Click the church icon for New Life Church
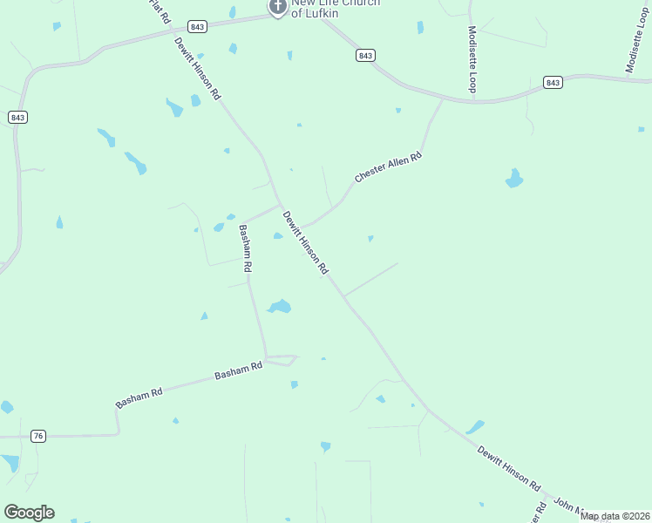[x=278, y=8]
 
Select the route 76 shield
[x=37, y=436]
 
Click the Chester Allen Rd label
[x=388, y=167]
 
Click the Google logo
[x=29, y=513]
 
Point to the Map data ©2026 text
[x=615, y=516]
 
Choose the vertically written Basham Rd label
[x=246, y=249]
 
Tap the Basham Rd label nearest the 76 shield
[x=139, y=398]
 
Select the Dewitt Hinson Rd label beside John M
[x=509, y=469]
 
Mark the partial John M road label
[x=566, y=507]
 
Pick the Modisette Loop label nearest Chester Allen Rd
[x=472, y=59]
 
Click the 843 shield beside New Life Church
[x=197, y=27]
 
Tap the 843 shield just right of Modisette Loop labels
[x=553, y=82]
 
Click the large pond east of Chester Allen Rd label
[x=514, y=180]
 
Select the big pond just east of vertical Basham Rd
[x=280, y=306]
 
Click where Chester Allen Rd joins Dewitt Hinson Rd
[x=301, y=226]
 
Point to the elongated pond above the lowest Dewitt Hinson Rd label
[x=474, y=427]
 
